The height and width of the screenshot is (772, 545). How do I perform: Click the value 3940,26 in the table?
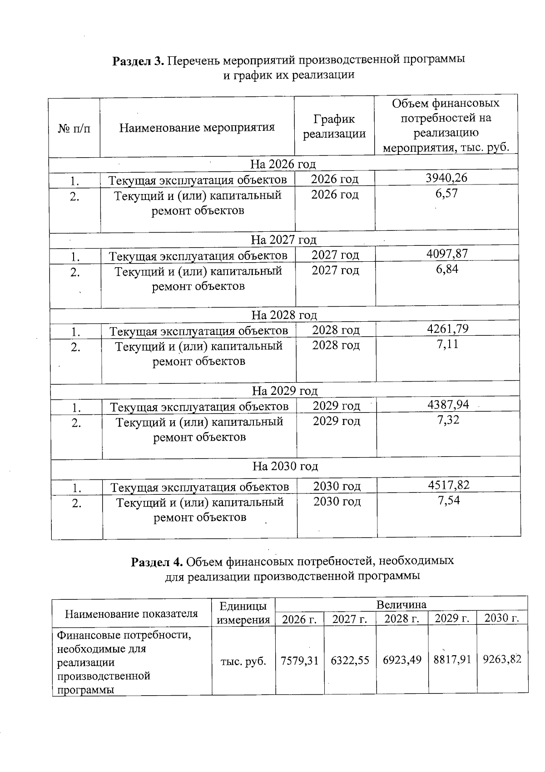[x=446, y=178]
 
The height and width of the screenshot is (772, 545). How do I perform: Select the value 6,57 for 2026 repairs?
[x=446, y=193]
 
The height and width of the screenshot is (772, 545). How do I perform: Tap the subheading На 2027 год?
[x=283, y=239]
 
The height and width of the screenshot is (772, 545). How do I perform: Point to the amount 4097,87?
[x=447, y=254]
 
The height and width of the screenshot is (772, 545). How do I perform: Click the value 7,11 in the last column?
[x=447, y=344]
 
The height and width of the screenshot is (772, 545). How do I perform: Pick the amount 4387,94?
[x=448, y=404]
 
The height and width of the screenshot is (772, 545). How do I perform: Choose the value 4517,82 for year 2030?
[x=448, y=485]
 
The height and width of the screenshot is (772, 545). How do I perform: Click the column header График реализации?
[x=334, y=126]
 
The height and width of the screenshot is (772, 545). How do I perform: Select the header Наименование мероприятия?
[x=197, y=127]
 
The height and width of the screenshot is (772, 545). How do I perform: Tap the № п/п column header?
[x=74, y=129]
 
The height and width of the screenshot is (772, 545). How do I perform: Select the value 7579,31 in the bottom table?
[x=299, y=660]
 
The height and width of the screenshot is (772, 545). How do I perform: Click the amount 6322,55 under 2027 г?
[x=350, y=660]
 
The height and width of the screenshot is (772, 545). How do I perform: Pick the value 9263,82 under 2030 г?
[x=502, y=659]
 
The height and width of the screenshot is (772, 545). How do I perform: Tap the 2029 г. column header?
[x=452, y=618]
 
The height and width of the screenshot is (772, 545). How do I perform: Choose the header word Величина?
[x=401, y=604]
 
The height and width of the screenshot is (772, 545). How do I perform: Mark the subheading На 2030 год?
[x=285, y=466]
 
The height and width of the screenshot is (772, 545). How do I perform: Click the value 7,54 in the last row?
[x=448, y=500]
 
